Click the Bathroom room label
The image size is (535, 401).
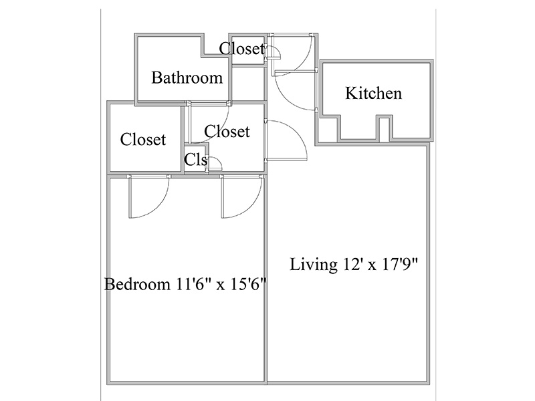pos(187,78)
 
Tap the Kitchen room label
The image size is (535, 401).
pos(374,94)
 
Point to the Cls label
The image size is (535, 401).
pos(195,159)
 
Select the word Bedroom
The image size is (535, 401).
pos(137,284)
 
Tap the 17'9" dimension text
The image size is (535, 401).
pos(399,264)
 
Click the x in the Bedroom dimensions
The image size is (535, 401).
pos(221,286)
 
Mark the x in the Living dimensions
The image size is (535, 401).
pos(372,266)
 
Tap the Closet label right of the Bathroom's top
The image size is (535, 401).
pos(242,49)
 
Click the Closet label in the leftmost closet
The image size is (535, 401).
pos(143,140)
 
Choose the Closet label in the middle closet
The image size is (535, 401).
pos(227,131)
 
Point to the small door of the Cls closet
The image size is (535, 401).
pos(214,164)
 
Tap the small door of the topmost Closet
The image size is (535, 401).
pos(274,52)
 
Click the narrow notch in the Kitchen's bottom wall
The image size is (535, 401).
pos(384,128)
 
